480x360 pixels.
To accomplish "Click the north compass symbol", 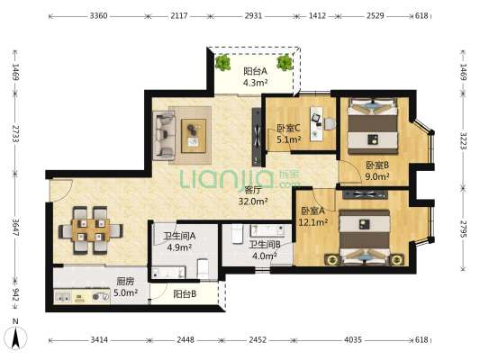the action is click(15, 337).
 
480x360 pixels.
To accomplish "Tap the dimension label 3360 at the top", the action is click(98, 15).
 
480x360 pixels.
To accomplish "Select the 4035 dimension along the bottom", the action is click(353, 339).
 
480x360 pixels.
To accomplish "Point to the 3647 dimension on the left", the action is click(15, 228).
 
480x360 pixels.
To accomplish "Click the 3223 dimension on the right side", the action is click(463, 140).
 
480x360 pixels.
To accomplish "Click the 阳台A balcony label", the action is click(255, 71).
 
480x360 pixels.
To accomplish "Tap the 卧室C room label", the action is click(288, 128).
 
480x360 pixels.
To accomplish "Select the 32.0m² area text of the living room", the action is click(253, 202).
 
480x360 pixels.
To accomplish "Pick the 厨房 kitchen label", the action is click(125, 281).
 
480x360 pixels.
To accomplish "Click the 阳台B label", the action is click(185, 294).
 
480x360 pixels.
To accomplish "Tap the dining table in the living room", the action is click(91, 229).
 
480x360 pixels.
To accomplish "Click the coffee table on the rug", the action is click(194, 136).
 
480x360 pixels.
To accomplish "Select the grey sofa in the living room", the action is click(164, 136).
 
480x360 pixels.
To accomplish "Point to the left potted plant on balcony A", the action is click(222, 63).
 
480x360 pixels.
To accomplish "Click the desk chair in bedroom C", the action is click(330, 124).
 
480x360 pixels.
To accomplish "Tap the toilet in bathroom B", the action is click(237, 234).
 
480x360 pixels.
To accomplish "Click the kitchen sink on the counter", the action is click(63, 297).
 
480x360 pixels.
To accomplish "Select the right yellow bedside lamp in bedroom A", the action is click(397, 260).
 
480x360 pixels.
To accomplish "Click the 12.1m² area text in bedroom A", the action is click(313, 222).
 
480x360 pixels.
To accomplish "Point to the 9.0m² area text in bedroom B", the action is click(377, 176).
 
